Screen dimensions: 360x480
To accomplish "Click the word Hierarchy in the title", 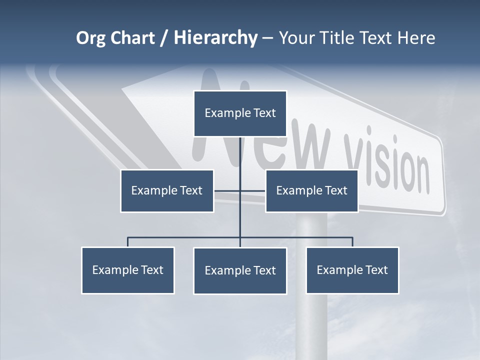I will [x=215, y=38].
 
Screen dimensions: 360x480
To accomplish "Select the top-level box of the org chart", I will [x=240, y=113].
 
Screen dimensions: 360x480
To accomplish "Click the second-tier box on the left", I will [x=167, y=190].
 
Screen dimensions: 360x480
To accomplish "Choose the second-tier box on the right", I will [x=311, y=190].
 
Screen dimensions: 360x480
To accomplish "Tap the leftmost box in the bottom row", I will [x=128, y=270].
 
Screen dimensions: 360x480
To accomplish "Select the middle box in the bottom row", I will [x=240, y=270].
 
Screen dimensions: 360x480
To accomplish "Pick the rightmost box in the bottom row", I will [x=352, y=270].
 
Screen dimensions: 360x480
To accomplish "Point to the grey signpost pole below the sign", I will [x=311, y=320].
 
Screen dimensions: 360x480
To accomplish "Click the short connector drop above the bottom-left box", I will [x=128, y=242].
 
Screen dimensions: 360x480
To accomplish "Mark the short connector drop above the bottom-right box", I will [x=352, y=242].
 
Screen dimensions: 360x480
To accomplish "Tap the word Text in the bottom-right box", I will [x=376, y=270].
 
